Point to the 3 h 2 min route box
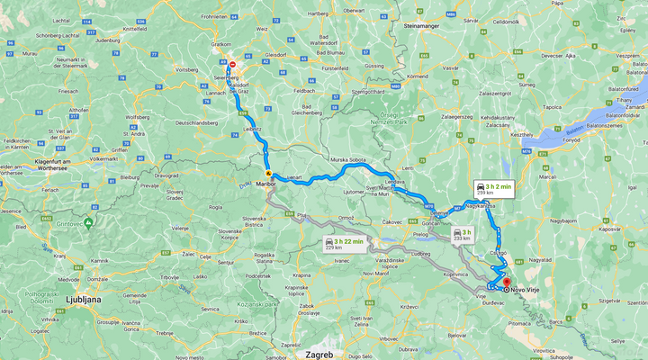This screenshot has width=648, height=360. click(x=493, y=189)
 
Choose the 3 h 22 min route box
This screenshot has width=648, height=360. click(x=343, y=245)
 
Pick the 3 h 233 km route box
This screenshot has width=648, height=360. click(x=462, y=234)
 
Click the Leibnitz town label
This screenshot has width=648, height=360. click(x=252, y=130)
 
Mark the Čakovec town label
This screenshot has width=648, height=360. click(x=392, y=221)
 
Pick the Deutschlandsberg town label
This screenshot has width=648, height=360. click(x=196, y=122)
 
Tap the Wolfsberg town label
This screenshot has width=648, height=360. click(x=137, y=117)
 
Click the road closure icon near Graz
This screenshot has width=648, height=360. click(x=232, y=65)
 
